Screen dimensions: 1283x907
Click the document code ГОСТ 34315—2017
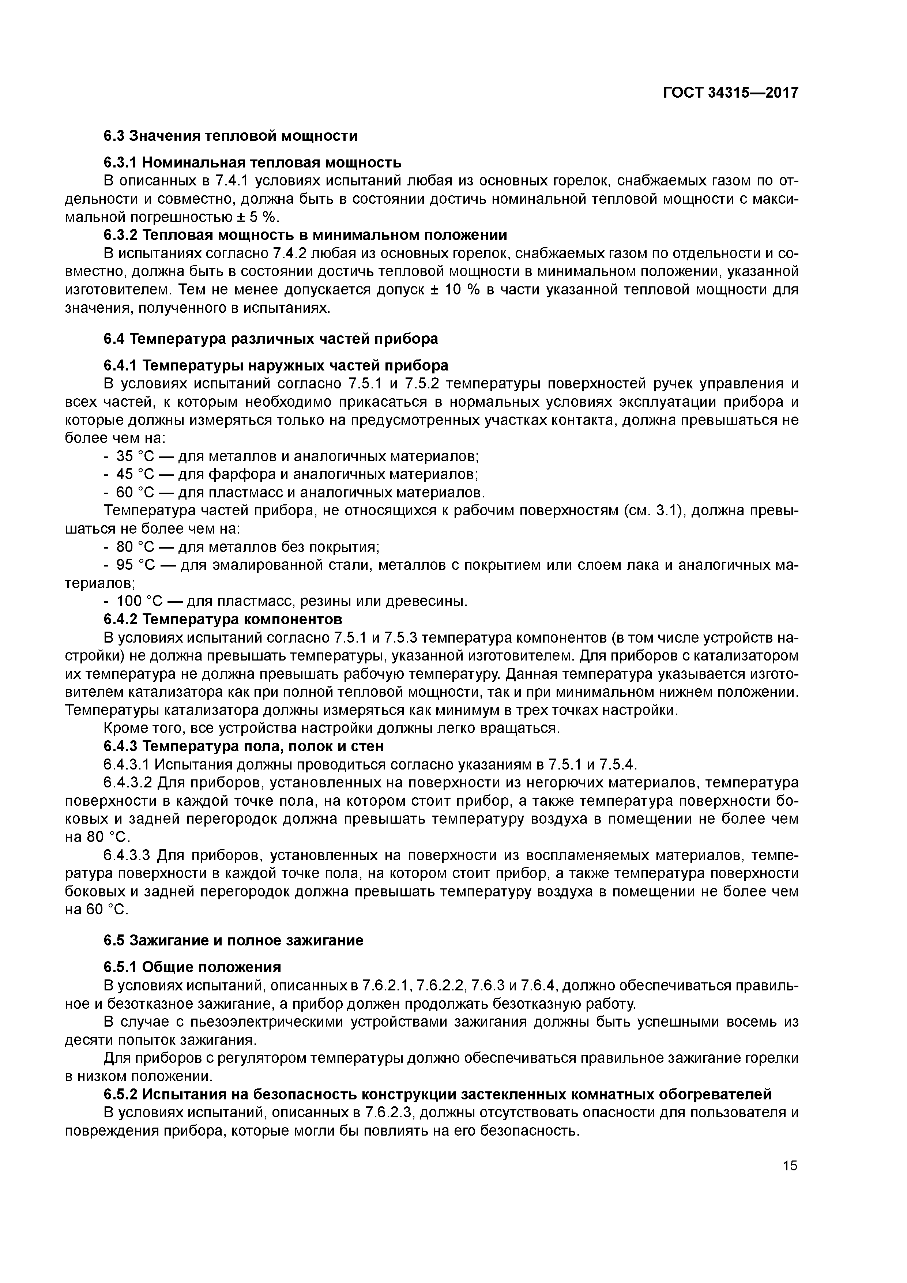coord(730,93)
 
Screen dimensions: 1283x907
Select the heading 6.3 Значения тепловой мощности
coord(230,136)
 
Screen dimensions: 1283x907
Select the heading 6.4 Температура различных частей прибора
coord(271,339)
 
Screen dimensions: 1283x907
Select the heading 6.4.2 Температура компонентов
coord(222,619)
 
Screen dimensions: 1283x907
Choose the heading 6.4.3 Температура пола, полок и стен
coord(244,746)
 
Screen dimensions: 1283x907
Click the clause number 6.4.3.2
coord(127,782)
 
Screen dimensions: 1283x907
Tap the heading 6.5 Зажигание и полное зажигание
coord(233,940)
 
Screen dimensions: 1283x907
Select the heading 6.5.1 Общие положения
coord(192,967)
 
